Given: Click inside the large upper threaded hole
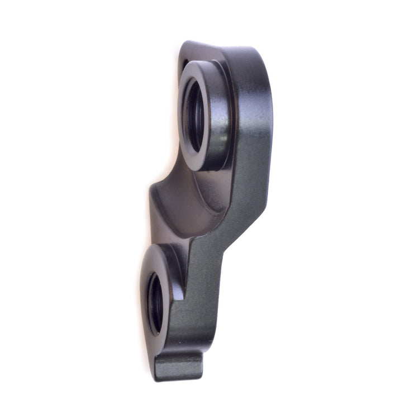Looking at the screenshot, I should tap(194, 116).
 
